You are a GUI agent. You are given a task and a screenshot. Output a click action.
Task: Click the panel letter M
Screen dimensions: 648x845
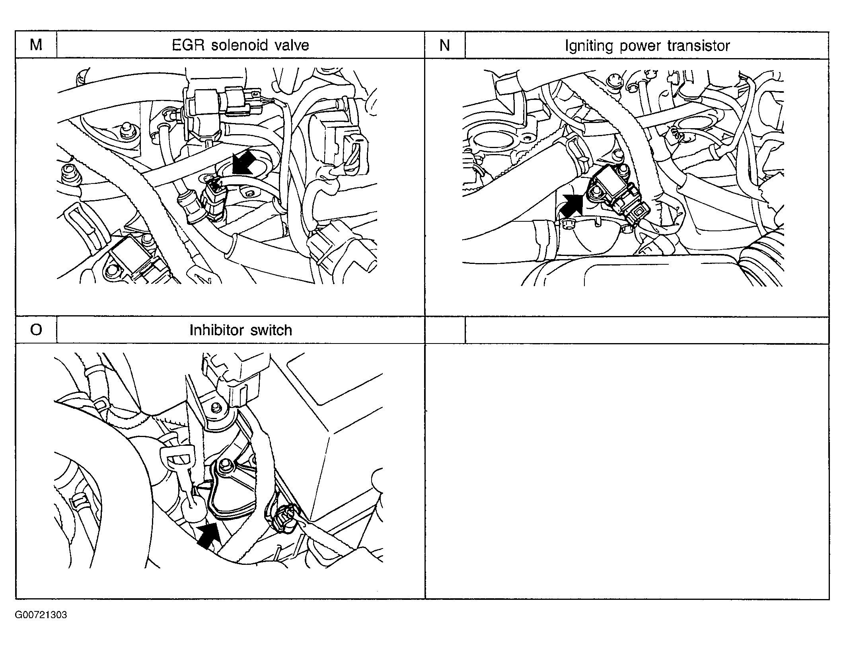(x=36, y=45)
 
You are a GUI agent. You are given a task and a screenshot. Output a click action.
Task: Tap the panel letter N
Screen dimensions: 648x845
(x=444, y=45)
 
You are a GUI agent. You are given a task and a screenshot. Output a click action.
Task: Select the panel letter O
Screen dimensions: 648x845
(x=36, y=330)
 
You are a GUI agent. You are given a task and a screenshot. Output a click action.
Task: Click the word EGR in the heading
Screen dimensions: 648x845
(x=188, y=45)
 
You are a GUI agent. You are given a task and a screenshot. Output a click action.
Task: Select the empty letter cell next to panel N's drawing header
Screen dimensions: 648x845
(x=445, y=330)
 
